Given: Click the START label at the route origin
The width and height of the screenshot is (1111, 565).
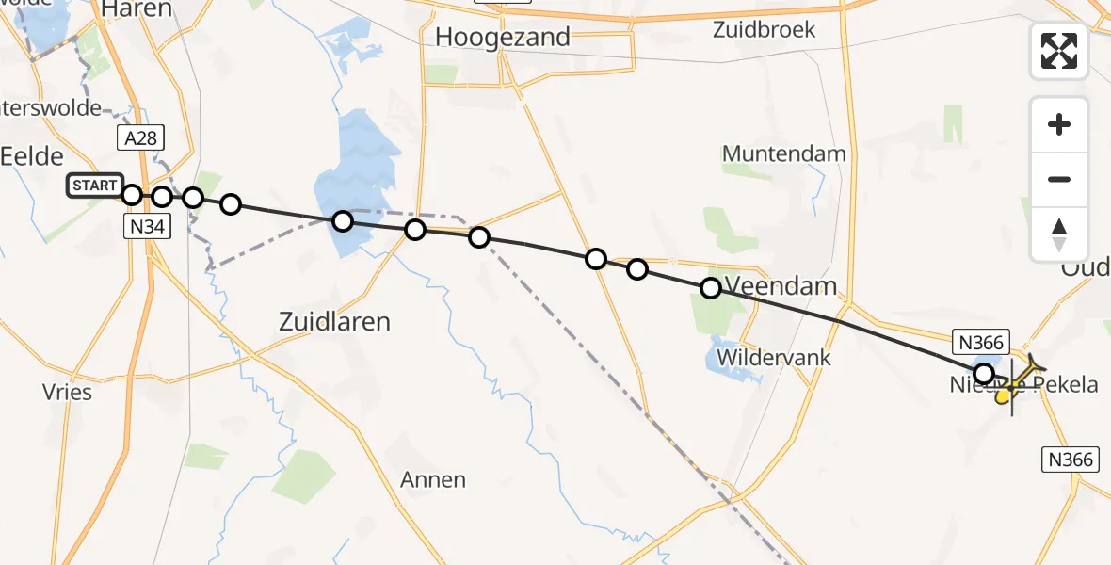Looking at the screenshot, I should (x=95, y=186).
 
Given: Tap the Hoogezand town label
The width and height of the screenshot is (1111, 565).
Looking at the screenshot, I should (x=504, y=38).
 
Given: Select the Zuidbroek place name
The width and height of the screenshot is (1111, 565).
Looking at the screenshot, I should (x=764, y=29).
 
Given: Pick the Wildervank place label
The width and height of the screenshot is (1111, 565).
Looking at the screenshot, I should (x=774, y=358).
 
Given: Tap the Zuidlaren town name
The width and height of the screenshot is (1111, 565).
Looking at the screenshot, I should (x=334, y=321).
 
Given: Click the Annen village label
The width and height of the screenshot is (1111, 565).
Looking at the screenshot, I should (x=433, y=480).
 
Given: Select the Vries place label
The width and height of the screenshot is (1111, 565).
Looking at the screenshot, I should (x=68, y=392).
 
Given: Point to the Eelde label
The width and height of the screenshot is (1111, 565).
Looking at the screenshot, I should (x=32, y=156).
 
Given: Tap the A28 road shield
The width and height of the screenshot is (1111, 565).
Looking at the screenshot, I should (x=141, y=138).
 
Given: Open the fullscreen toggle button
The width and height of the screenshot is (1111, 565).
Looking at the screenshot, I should (x=1059, y=51).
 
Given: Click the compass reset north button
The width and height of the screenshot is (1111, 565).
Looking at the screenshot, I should (x=1059, y=234).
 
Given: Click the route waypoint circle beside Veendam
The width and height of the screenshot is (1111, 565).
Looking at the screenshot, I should (x=711, y=288).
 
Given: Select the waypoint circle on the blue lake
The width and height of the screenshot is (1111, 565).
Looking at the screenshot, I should (x=343, y=221).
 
